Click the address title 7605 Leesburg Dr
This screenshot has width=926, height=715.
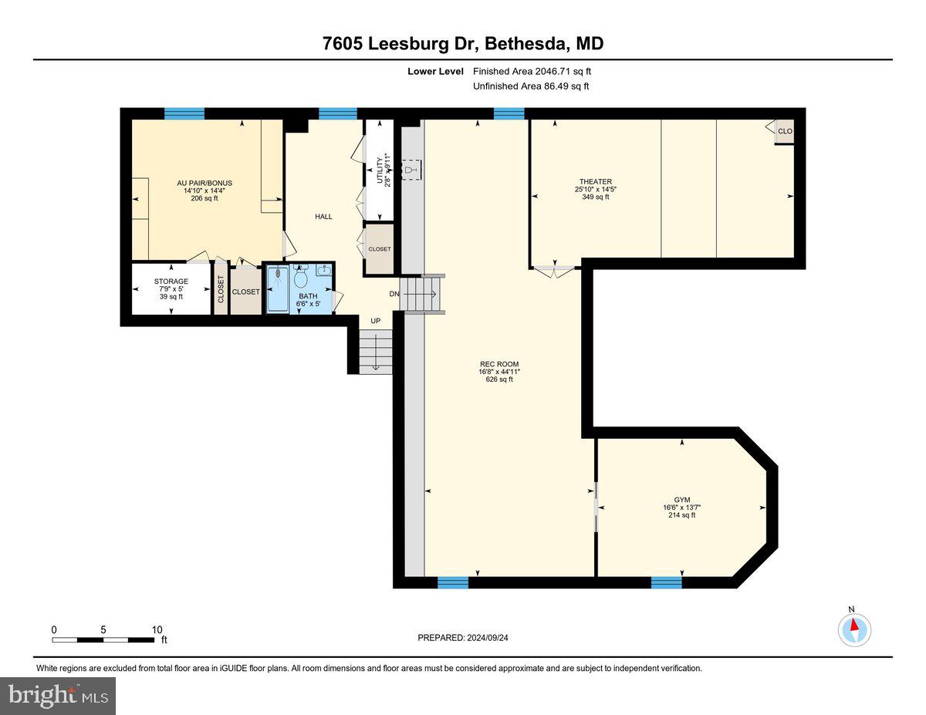pos(463,44)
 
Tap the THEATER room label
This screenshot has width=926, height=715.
pos(593,182)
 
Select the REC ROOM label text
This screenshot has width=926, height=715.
pos(499,364)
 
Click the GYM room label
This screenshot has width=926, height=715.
pos(681,500)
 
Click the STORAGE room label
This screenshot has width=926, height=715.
pos(171,282)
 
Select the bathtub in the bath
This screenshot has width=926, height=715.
pos(278,289)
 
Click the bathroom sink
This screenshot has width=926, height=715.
pos(323,270)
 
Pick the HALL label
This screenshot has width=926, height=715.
pos(323,217)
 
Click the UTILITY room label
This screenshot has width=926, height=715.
pos(379,171)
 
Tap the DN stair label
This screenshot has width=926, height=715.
pos(394,294)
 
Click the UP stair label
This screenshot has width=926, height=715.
pos(376,320)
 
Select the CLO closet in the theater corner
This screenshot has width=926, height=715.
pos(784,131)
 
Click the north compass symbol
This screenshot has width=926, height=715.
pos(854,629)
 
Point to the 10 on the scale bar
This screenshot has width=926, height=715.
pos(157,629)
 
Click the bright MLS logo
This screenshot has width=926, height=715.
pos(58,696)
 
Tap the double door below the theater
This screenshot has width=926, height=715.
pos(554,271)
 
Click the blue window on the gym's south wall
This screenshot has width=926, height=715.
pos(666,582)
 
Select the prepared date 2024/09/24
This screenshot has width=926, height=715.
pos(463,638)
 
